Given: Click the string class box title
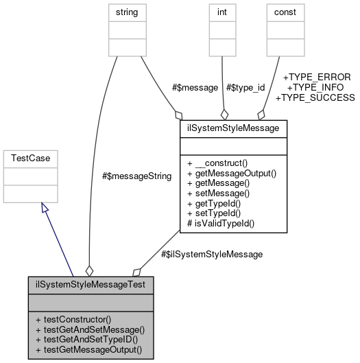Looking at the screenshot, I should point(128,12).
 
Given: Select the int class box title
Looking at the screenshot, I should point(221,12).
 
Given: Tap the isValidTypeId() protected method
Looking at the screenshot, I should point(221,224).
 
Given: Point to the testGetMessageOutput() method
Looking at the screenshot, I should point(86,350).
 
